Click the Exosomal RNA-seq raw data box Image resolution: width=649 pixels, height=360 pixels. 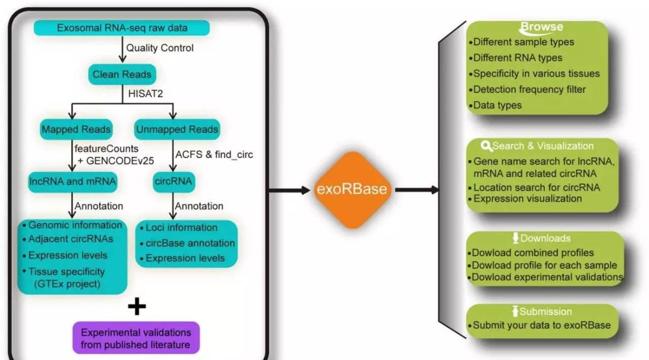[x=122, y=28]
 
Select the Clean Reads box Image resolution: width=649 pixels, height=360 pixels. [x=122, y=75]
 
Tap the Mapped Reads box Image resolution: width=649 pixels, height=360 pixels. [x=76, y=129]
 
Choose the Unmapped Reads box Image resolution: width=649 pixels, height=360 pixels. [x=177, y=129]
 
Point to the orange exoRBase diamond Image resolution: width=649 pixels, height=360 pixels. [x=352, y=190]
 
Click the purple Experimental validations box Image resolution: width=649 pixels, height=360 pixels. [x=136, y=338]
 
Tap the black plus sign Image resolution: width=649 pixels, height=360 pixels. [x=136, y=306]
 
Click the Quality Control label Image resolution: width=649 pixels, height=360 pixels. [x=160, y=48]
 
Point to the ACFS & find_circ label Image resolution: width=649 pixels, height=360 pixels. [x=213, y=154]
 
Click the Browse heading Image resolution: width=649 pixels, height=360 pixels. [x=542, y=27]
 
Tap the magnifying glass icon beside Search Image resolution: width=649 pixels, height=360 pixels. [x=486, y=146]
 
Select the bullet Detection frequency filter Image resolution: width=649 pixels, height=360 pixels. [x=529, y=90]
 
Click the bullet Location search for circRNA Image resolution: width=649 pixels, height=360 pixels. [x=536, y=188]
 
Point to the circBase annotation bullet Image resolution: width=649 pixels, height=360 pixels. [x=190, y=243]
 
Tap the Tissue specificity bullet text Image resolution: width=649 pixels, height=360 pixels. [x=66, y=271]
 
